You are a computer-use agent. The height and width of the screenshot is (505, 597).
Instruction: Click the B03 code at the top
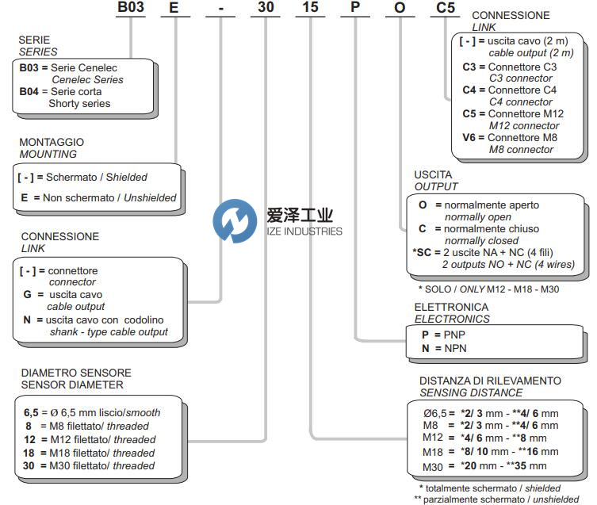tap(133, 9)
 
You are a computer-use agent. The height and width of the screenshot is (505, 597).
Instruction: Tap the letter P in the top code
tap(362, 9)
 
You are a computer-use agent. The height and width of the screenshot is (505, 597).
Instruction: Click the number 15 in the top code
tap(313, 9)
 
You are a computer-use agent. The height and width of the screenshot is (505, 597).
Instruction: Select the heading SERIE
tap(36, 40)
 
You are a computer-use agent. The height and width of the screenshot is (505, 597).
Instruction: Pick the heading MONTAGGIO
tap(52, 143)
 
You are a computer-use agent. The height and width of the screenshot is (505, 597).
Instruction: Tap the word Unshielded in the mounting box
tap(148, 197)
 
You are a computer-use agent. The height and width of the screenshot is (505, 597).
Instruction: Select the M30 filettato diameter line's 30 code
tap(29, 466)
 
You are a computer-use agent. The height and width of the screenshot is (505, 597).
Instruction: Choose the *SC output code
tap(424, 251)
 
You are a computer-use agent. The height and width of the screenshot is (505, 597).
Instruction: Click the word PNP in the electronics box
tap(453, 335)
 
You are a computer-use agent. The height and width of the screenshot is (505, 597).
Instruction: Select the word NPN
tap(454, 348)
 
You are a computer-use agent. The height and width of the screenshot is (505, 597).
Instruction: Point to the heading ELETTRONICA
tap(450, 307)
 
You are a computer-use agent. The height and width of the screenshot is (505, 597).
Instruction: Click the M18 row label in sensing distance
tap(433, 452)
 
